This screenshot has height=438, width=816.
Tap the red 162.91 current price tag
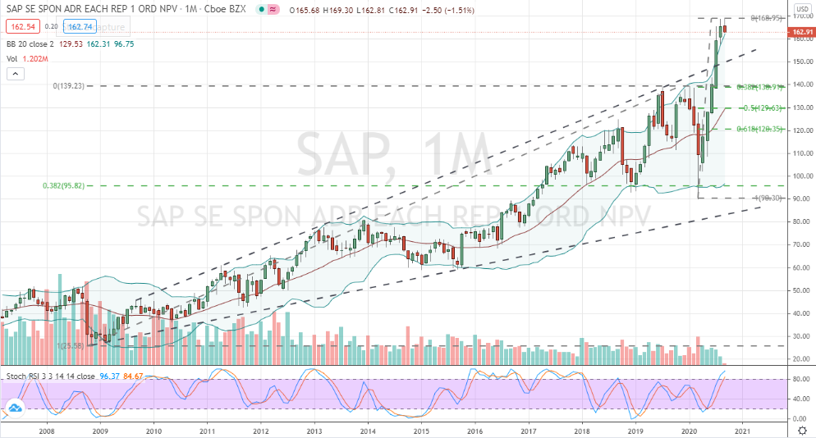point(800,33)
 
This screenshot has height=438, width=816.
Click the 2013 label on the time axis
point(314,430)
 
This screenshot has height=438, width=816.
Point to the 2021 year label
point(742,430)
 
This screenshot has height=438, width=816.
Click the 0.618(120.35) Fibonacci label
point(760,129)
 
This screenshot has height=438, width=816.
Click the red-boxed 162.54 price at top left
point(17,26)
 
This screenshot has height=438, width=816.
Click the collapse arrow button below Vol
point(14,74)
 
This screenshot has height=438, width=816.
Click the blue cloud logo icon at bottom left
point(15,408)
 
